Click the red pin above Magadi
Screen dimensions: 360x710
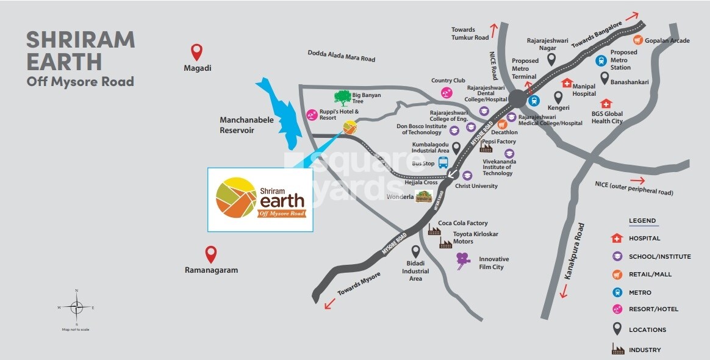tap(196, 51)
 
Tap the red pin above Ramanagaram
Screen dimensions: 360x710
tap(211, 253)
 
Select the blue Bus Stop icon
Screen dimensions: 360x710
tap(443, 163)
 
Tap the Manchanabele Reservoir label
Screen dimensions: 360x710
tap(246, 125)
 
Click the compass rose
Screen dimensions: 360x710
tap(76, 307)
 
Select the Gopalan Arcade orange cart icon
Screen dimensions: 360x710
tap(638, 40)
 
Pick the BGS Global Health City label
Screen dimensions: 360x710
tap(607, 117)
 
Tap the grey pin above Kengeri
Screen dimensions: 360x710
tap(558, 97)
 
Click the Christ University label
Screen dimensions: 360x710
tap(476, 186)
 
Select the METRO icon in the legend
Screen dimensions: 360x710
tap(617, 292)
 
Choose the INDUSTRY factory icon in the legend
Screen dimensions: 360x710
tap(617, 350)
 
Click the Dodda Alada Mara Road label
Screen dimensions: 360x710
tap(341, 56)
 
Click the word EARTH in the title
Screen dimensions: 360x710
tap(63, 62)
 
